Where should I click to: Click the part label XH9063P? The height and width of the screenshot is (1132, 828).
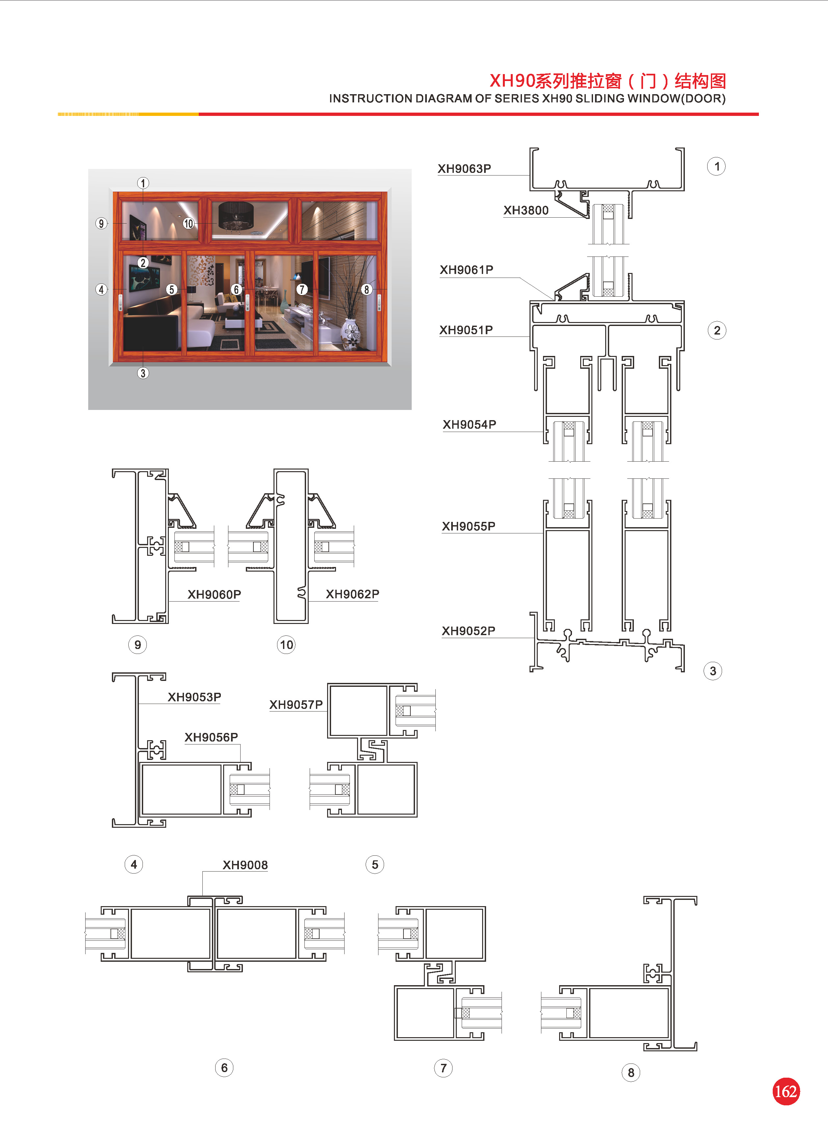pos(464,169)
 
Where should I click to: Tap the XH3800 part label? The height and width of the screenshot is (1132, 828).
pos(526,210)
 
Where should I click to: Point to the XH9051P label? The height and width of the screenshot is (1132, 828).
pos(466,330)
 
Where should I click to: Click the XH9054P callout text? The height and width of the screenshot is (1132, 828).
pos(470,425)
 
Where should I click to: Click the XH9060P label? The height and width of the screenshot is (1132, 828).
pos(214,595)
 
